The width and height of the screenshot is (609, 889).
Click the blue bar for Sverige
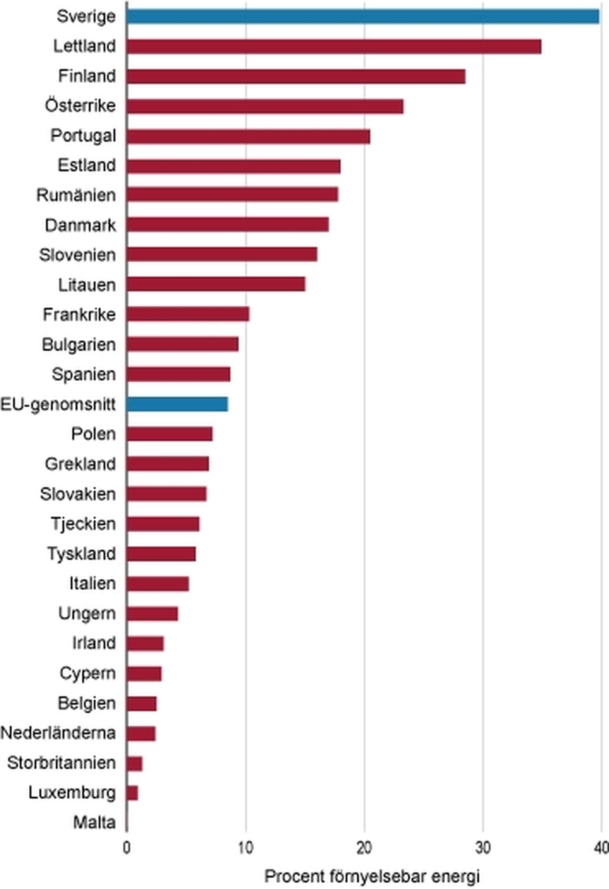click(363, 16)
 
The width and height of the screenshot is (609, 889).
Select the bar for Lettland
click(334, 46)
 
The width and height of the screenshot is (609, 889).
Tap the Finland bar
click(296, 76)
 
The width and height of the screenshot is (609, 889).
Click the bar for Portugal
click(249, 136)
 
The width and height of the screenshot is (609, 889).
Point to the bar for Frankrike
click(188, 314)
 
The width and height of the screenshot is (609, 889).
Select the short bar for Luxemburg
click(132, 793)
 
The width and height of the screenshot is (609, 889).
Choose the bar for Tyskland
click(161, 554)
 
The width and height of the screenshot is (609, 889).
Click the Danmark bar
click(228, 225)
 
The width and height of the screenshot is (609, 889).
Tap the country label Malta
click(94, 822)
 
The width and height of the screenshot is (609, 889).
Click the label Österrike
click(80, 106)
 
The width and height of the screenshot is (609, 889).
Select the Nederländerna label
click(58, 733)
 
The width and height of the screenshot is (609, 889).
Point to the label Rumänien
click(76, 195)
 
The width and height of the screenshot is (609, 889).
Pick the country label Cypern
click(88, 673)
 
